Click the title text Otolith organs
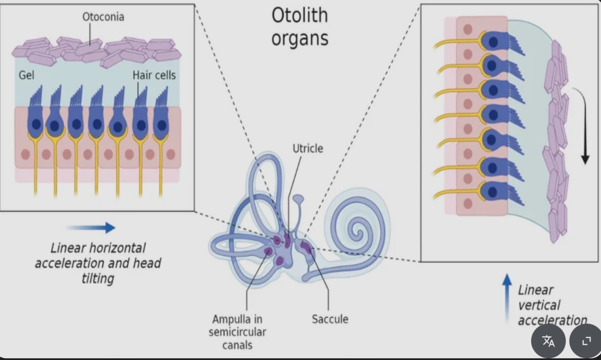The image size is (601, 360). (x=300, y=27)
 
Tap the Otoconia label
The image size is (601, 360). (x=103, y=17)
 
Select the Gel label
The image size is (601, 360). (x=26, y=75)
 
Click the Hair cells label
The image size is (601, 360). (x=154, y=75)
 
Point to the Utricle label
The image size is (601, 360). (x=308, y=148)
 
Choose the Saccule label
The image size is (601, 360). (x=330, y=319)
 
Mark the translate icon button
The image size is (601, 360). (x=548, y=341)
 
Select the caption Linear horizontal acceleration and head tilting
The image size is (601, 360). (x=98, y=263)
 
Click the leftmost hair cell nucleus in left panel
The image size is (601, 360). (x=36, y=125)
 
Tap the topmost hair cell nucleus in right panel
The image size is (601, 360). (x=494, y=42)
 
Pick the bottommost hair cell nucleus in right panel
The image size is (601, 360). (x=492, y=192)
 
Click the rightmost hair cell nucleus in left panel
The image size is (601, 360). (x=161, y=125)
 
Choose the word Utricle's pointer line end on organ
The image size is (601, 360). (x=288, y=238)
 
